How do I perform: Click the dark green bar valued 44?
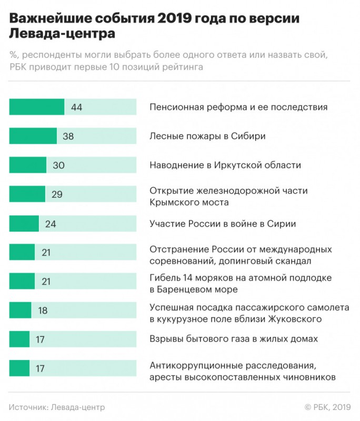pyautogui.click(x=36, y=107)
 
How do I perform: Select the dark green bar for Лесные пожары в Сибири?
pyautogui.click(x=33, y=136)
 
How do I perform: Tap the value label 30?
pyautogui.click(x=58, y=165)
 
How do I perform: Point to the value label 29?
pyautogui.click(x=57, y=194)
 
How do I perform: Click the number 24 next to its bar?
pyautogui.click(x=51, y=224)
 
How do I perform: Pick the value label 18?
pyautogui.click(x=43, y=310)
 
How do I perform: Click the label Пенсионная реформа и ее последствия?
pyautogui.click(x=238, y=107)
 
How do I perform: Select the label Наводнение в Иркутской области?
pyautogui.click(x=225, y=165)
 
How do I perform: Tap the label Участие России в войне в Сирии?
pyautogui.click(x=223, y=224)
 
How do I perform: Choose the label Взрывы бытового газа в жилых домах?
pyautogui.click(x=234, y=339)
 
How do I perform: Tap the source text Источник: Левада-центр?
pyautogui.click(x=57, y=407)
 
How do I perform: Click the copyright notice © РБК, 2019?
pyautogui.click(x=327, y=407)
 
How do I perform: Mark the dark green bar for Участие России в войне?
pyautogui.click(x=24, y=224)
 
